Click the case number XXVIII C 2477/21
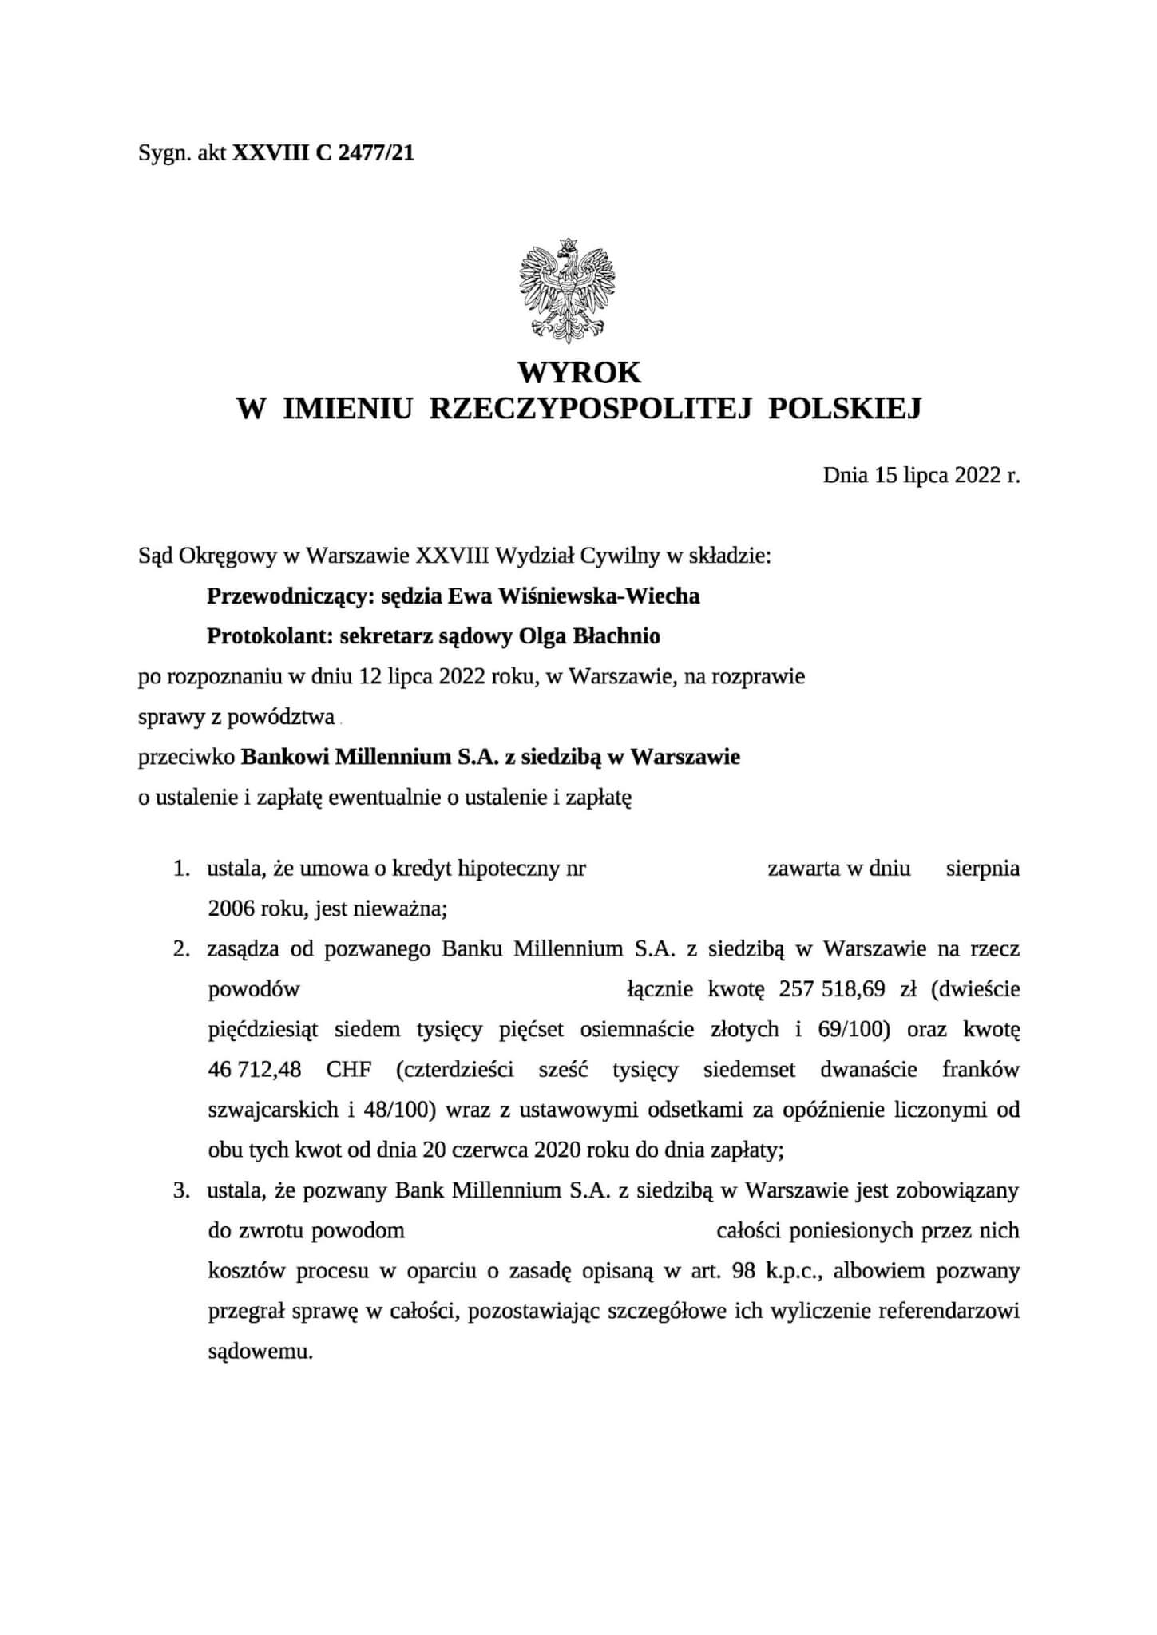coord(323,152)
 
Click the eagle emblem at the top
coord(567,291)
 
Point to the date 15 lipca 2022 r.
coord(947,476)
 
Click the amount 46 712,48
coord(255,1069)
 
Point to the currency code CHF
coord(349,1069)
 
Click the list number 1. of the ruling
coord(181,869)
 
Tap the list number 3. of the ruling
coord(181,1190)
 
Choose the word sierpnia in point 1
coord(982,869)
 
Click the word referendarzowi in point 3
coord(949,1311)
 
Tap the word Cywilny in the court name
coord(615,556)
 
